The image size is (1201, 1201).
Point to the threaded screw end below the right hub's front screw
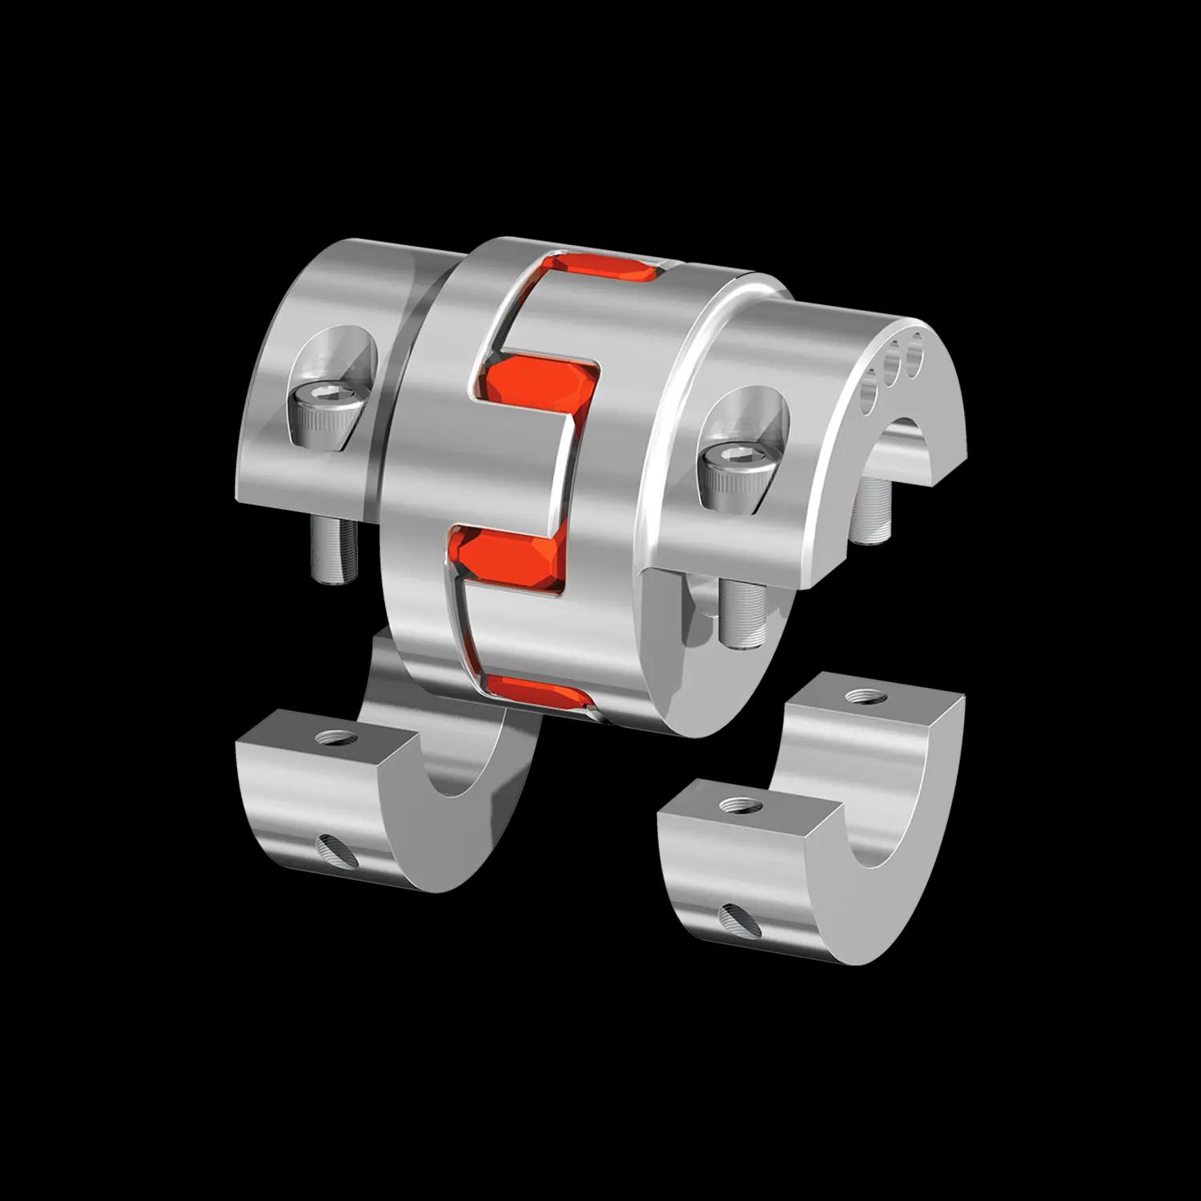pyautogui.click(x=738, y=613)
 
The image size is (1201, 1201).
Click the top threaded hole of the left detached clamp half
pyautogui.click(x=329, y=736)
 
